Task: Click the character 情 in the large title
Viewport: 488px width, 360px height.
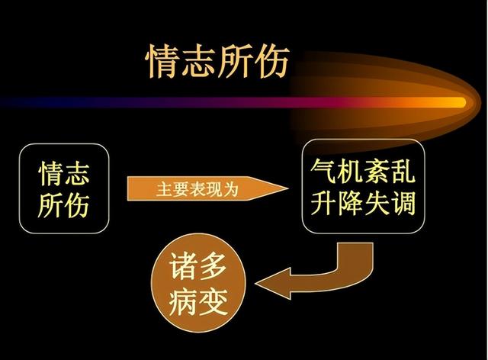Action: coord(162,61)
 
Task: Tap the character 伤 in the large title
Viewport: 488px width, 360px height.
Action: coord(271,61)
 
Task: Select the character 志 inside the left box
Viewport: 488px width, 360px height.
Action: coord(77,173)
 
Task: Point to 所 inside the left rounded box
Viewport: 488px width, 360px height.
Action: coord(50,205)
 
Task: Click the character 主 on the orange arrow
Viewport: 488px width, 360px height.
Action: coord(164,189)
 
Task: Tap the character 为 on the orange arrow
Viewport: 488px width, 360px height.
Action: coord(230,189)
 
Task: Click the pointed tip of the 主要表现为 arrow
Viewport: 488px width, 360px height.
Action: coord(287,188)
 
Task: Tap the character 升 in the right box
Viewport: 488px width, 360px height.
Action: coord(323,203)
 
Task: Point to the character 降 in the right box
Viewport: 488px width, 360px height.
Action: coord(349,203)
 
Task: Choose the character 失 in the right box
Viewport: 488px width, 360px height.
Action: coord(377,203)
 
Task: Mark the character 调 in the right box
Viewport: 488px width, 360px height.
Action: coord(403,203)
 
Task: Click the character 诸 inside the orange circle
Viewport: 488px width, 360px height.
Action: coord(183,266)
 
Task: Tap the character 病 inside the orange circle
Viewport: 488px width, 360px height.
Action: coord(183,301)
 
